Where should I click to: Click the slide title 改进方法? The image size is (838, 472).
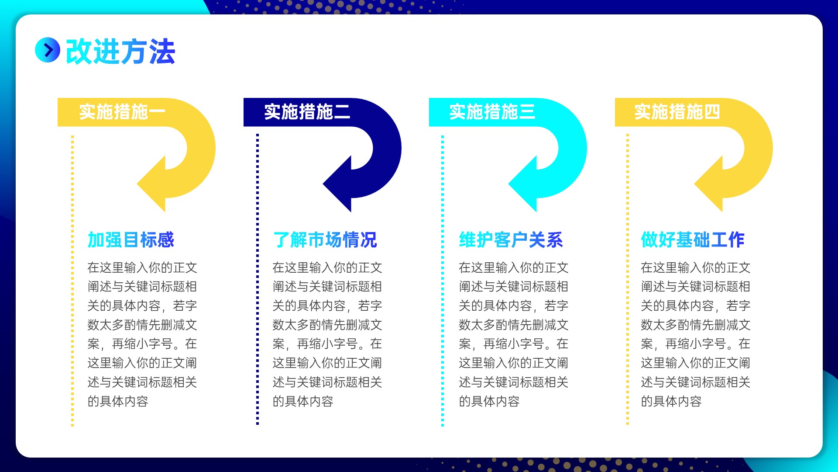[x=120, y=52]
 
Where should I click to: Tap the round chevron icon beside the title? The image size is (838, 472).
[x=48, y=50]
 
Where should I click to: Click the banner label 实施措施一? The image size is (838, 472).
[x=122, y=112]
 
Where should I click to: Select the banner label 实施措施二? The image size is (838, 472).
[x=307, y=112]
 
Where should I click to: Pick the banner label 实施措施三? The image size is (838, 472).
[x=492, y=112]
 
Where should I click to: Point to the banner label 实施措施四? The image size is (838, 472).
[x=677, y=112]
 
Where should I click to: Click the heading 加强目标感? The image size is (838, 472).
[x=131, y=239]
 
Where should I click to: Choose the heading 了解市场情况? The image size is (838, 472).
[x=325, y=239]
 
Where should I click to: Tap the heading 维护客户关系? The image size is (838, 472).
[x=511, y=239]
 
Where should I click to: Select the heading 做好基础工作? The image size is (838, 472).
[x=693, y=239]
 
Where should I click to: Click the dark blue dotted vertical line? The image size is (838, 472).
[x=258, y=279]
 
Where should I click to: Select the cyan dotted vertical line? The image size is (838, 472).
[x=443, y=280]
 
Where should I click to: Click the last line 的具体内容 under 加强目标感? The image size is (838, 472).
[x=118, y=401]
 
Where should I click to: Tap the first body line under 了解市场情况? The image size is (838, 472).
[x=327, y=267]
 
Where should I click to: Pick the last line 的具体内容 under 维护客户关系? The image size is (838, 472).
[x=489, y=401]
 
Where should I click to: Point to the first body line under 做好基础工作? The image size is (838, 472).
[x=696, y=267]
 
